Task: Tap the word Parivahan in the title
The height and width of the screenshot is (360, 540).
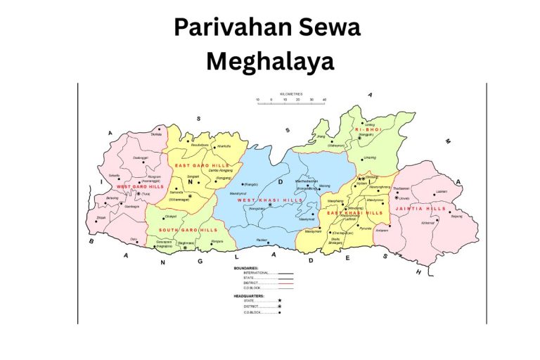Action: pos(227,28)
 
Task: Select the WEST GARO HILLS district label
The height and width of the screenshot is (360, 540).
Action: pos(136,186)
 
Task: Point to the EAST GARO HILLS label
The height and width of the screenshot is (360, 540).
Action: pos(193,165)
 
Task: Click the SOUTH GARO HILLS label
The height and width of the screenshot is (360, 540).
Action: pos(188,230)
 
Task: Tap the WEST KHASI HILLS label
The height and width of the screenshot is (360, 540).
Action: pos(270,200)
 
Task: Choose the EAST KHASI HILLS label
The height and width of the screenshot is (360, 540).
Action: pos(355,212)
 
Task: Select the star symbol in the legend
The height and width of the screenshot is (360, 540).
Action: pos(279,300)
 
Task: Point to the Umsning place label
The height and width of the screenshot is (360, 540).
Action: pos(369,157)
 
